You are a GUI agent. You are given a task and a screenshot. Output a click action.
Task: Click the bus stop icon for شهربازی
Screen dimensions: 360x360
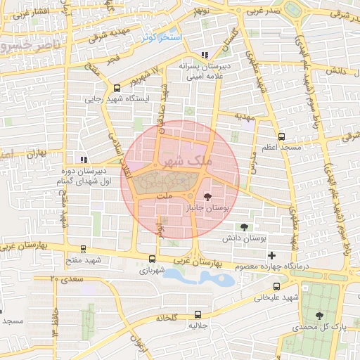153,259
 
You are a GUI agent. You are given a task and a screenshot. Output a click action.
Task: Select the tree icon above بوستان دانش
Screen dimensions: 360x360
244,227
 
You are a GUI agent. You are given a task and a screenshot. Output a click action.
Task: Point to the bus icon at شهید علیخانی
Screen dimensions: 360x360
276,286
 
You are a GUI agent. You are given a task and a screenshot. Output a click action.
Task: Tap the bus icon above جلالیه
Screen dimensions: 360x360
197,314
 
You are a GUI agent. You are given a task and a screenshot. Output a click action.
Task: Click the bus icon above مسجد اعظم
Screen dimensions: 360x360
281,137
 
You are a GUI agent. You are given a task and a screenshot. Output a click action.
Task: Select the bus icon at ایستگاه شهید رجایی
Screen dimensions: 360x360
117,89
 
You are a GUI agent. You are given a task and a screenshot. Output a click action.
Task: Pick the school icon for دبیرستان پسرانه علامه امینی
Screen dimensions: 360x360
205,55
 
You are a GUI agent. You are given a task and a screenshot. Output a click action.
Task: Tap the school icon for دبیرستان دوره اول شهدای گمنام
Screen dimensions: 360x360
84,159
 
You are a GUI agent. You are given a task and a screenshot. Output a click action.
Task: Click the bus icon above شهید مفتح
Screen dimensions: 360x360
84,248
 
